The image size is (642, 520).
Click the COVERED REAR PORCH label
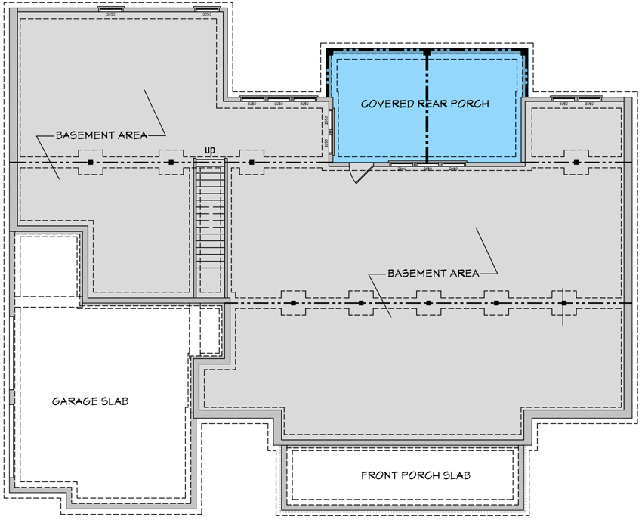425,104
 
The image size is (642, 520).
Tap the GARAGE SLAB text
90,401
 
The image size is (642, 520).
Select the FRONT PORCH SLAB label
415,475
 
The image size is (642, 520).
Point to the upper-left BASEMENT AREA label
100,135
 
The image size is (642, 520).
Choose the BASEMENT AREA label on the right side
433,273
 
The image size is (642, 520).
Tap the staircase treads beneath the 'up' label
211,227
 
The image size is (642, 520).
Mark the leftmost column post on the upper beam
91,162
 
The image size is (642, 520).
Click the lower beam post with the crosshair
563,303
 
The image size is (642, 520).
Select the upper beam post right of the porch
576,162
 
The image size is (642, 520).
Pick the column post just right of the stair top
252,162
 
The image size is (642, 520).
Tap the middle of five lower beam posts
428,303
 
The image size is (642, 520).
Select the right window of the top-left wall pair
206,12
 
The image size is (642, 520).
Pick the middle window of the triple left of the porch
278,100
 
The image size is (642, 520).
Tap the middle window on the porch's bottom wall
427,164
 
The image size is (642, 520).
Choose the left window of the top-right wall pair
563,100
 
